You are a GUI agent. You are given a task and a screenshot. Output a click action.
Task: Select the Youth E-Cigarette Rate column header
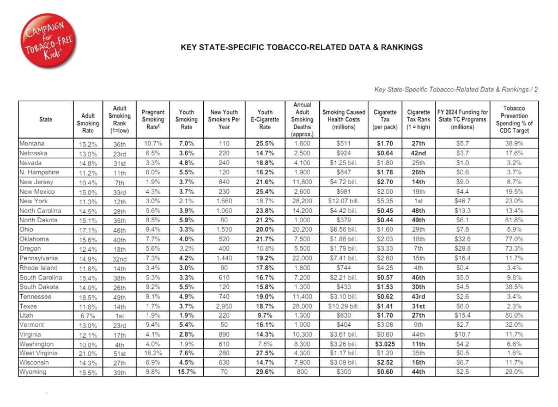[265, 119]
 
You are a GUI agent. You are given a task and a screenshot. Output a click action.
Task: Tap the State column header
[46, 119]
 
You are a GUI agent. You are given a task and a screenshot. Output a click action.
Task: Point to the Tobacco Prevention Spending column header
[514, 119]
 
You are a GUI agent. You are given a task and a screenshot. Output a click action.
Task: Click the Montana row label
[32, 144]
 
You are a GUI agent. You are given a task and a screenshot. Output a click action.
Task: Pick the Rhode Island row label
[38, 268]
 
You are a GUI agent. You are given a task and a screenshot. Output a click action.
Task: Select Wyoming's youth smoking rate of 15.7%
[186, 372]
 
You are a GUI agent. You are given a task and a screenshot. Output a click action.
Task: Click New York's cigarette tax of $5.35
[385, 201]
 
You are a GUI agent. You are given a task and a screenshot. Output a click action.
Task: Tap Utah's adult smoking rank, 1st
[119, 316]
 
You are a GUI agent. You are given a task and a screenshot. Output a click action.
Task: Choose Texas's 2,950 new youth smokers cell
[223, 306]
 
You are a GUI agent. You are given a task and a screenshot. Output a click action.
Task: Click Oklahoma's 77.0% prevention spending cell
[514, 240]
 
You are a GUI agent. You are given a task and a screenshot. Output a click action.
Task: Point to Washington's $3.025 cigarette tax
[385, 344]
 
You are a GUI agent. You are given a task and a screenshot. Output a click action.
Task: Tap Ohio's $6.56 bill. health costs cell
[344, 230]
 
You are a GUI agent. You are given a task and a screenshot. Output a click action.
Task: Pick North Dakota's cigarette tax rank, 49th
[418, 220]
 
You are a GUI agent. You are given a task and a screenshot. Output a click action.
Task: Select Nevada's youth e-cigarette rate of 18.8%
[265, 163]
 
